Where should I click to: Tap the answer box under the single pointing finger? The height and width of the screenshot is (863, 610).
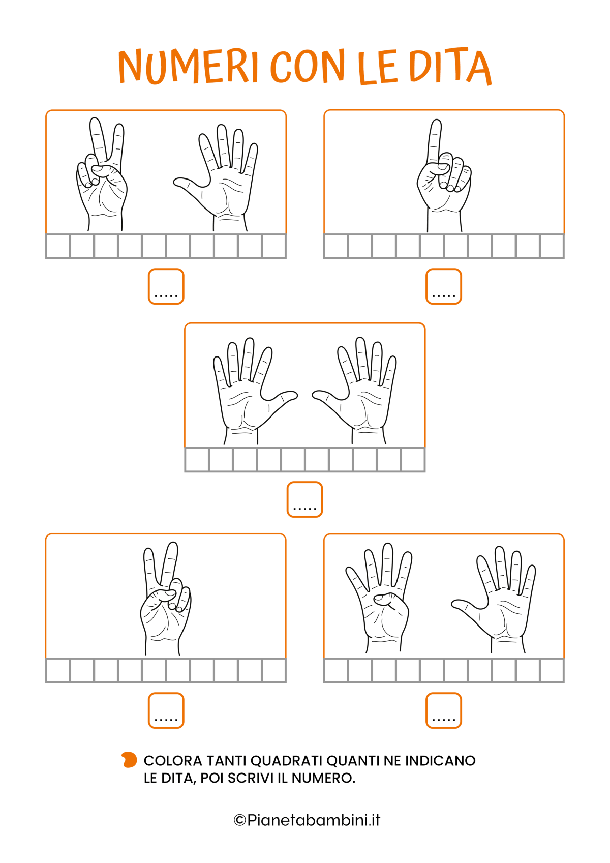click(x=444, y=287)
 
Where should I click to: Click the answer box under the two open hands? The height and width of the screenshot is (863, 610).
click(x=304, y=499)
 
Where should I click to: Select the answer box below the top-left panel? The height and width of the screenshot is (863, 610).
click(x=166, y=287)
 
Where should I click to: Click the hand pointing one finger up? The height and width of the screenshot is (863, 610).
click(x=444, y=175)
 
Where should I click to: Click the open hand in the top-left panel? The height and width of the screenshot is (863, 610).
click(x=216, y=177)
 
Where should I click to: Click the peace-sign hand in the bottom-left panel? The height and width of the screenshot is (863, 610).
click(x=166, y=599)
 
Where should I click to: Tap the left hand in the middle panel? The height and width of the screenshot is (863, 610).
click(x=255, y=391)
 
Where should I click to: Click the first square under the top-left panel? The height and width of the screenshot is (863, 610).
click(x=58, y=246)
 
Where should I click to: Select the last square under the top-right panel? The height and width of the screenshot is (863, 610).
click(x=552, y=246)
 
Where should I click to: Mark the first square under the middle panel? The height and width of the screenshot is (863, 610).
click(x=197, y=460)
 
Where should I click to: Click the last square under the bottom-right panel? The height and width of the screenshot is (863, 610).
click(x=552, y=671)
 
